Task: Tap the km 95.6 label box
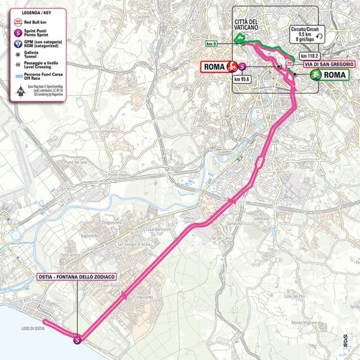pyautogui.click(x=241, y=79)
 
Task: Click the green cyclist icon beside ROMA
pyautogui.click(x=315, y=75)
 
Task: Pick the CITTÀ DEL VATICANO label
pyautogui.click(x=245, y=25)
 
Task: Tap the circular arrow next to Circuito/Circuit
pyautogui.click(x=319, y=37)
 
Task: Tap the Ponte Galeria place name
pyautogui.click(x=121, y=175)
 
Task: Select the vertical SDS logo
pyautogui.click(x=344, y=340)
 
